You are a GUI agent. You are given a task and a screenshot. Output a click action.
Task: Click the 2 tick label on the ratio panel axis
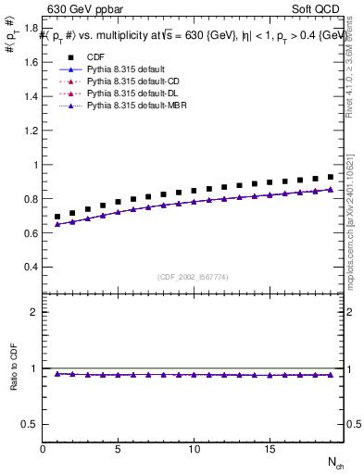coord(33,312)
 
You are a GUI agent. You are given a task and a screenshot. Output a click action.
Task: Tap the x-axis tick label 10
coord(193,449)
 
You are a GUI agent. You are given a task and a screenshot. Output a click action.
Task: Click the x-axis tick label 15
coord(269,449)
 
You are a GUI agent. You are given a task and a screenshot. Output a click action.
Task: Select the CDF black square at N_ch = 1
coord(57,217)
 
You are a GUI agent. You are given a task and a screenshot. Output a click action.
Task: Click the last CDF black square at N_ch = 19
coord(331,176)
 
